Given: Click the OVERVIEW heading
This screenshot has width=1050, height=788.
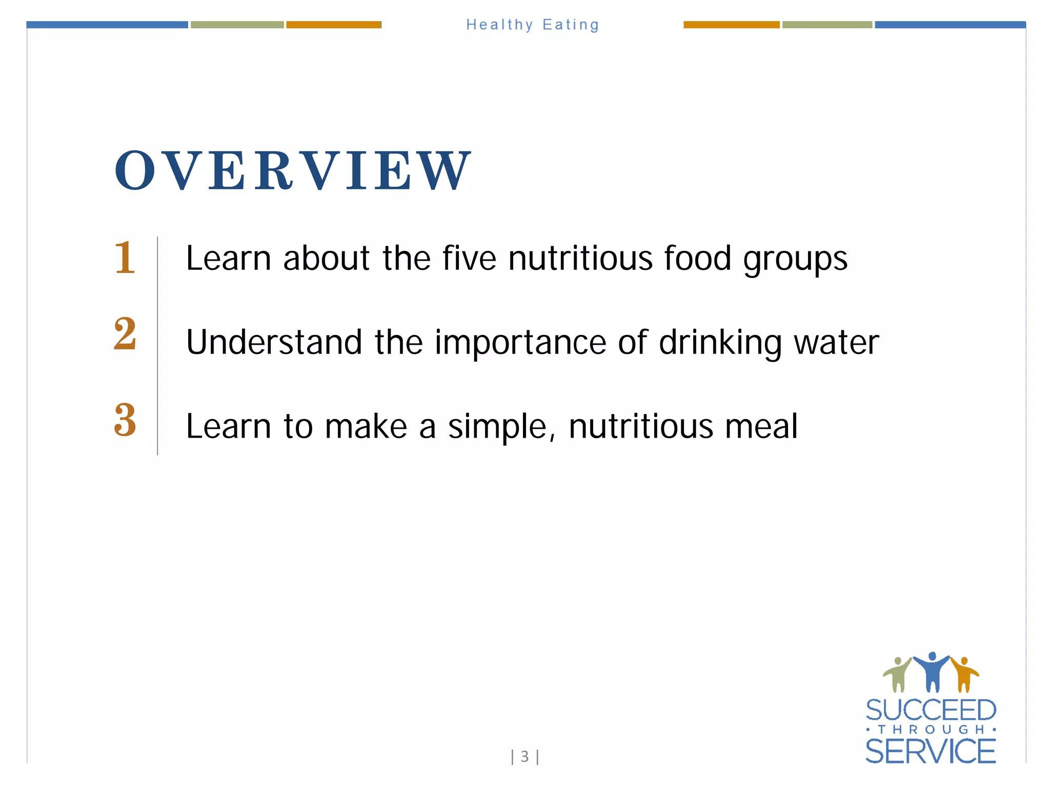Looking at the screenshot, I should coord(292,170).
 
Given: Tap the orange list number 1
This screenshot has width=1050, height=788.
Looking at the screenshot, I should coord(125,258).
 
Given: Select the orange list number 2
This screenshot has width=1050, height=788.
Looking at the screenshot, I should coord(125,334).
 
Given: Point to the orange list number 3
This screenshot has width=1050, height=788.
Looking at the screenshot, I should coord(125,420).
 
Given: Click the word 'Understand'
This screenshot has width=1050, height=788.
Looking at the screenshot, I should coord(274,342).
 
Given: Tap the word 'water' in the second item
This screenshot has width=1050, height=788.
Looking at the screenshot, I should coord(836,342).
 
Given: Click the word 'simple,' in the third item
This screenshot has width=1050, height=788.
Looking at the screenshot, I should coord(501,427).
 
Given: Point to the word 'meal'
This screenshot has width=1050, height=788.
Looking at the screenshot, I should coord(761,426).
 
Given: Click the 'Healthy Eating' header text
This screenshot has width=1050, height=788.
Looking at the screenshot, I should coord(532,25).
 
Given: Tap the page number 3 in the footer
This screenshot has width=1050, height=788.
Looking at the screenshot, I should coord(524,756).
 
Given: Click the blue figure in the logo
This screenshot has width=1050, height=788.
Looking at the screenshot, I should coord(932,671).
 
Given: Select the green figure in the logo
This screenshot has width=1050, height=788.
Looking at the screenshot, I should coord(897,674).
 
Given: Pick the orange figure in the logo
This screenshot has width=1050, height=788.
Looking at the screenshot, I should coord(964,674).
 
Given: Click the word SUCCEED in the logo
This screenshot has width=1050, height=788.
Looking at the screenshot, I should coord(931,711).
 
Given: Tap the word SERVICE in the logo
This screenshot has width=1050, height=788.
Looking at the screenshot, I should coord(931,752).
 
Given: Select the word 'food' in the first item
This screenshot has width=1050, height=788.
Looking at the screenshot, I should coord(697,258).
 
